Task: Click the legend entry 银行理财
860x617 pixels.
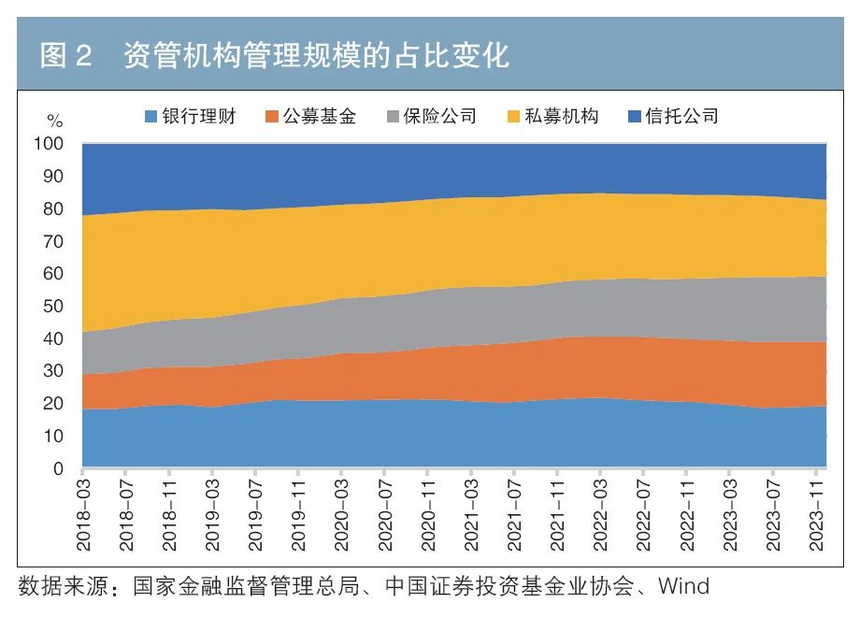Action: [199, 117]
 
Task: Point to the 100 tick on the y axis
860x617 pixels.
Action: [49, 145]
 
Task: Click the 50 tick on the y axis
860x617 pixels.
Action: [53, 307]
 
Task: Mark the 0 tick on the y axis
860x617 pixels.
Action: [58, 468]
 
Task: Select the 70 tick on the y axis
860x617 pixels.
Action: [53, 242]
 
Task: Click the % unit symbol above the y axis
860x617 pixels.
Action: [55, 122]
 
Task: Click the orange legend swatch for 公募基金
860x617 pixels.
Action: [272, 117]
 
